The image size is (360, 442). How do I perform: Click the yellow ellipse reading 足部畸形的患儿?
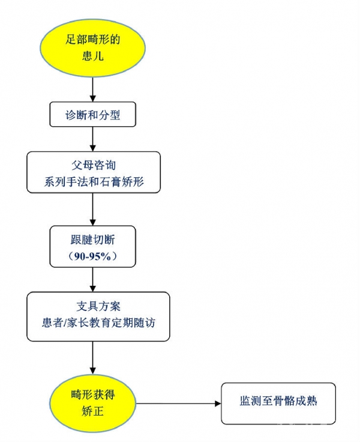[93, 47]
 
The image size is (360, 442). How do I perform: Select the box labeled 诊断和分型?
[93, 114]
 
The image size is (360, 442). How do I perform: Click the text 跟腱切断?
[93, 240]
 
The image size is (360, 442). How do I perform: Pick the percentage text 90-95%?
[93, 255]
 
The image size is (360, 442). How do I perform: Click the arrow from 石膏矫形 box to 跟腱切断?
[93, 209]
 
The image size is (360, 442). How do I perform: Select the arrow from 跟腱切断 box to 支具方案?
[93, 278]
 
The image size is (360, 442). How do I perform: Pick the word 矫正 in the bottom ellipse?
[93, 412]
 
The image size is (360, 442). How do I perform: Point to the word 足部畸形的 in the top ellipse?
[93, 40]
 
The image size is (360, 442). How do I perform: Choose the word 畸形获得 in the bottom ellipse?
[93, 395]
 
